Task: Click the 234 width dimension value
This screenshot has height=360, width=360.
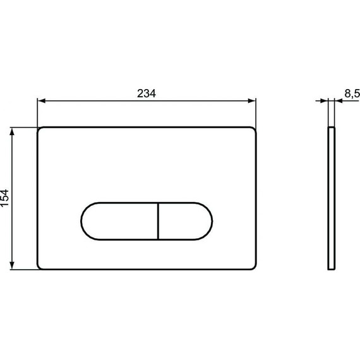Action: point(147,92)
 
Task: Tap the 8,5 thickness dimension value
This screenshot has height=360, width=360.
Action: point(352,93)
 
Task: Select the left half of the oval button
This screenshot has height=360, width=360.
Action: point(119,221)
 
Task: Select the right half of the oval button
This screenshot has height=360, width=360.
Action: point(184,221)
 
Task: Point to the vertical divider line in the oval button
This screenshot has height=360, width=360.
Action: point(157,221)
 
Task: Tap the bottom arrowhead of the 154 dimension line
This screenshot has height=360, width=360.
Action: point(14,267)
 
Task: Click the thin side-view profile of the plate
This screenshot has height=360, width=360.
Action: point(332,198)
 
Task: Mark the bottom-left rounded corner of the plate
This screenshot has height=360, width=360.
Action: point(41,267)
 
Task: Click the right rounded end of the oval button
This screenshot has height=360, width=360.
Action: point(210,221)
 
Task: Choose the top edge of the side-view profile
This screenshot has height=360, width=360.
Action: point(332,128)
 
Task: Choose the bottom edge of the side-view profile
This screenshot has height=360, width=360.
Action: point(332,270)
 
